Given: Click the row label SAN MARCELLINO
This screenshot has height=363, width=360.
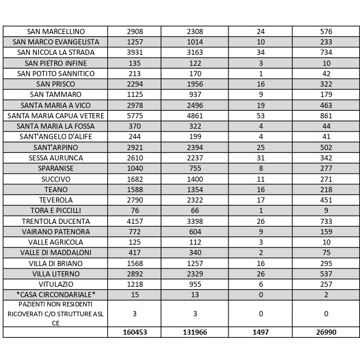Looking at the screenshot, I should tap(55, 31).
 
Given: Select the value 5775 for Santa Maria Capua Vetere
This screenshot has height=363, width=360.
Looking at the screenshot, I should tap(134, 115).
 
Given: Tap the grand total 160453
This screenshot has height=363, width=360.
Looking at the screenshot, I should tap(134, 332).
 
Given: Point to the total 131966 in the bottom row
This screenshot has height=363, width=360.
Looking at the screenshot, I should tap(195, 332).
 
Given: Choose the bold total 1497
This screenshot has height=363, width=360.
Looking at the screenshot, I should tap(260, 332).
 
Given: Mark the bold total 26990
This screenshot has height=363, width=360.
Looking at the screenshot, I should tap(326, 332).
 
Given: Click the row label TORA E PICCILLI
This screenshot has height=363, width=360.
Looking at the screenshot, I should tap(55, 211).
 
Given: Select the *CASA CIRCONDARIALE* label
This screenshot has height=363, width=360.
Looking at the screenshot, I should tap(55, 295).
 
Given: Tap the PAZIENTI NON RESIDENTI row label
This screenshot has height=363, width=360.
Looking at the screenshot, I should tap(55, 313).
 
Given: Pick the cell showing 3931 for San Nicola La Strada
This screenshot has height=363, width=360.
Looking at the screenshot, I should tap(134, 53).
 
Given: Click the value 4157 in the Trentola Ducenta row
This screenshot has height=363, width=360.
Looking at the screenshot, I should tap(134, 221).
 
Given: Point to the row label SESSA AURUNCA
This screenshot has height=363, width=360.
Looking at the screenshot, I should tap(55, 158).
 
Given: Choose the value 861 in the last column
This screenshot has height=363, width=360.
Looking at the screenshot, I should tap(326, 115).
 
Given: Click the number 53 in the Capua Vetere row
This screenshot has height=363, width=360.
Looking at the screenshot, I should tap(260, 115).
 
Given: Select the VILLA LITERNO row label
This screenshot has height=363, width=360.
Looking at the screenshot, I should tap(55, 274).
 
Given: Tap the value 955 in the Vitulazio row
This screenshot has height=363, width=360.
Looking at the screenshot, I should tap(195, 285).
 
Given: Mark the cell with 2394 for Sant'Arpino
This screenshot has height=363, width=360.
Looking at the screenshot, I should tap(195, 147).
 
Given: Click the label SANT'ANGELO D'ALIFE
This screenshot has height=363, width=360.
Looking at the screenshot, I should tap(55, 137).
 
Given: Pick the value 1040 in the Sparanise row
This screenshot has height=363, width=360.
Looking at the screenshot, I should tap(134, 169).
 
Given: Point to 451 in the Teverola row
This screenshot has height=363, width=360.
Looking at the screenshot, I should tap(326, 200).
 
